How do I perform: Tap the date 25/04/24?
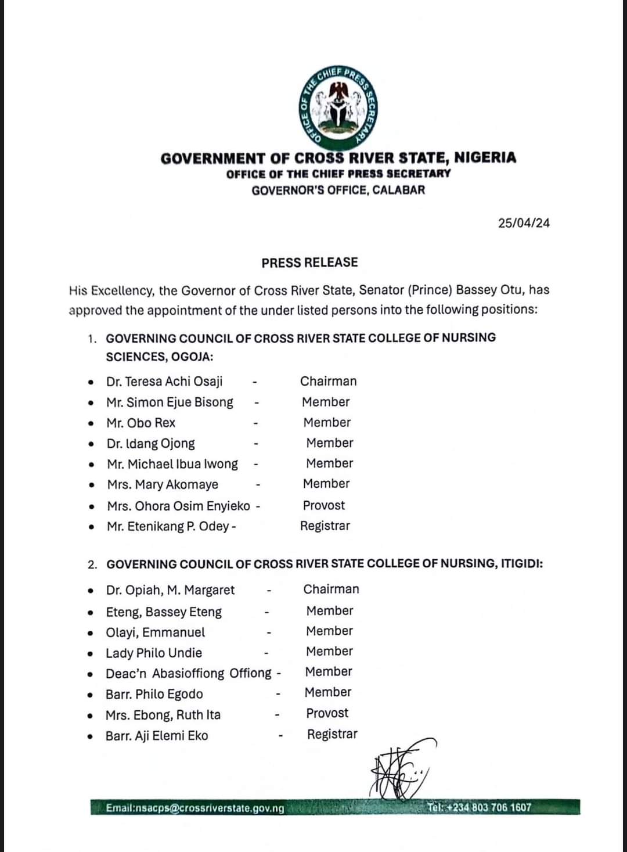(x=524, y=223)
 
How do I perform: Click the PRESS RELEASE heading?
(x=309, y=263)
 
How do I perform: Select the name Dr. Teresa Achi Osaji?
(x=164, y=382)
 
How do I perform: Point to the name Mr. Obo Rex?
(x=140, y=423)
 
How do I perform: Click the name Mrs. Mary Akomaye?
(x=163, y=484)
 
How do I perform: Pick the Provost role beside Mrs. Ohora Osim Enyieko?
(x=324, y=505)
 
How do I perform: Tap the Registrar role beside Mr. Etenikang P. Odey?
(x=325, y=526)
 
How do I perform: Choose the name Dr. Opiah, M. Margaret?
(x=170, y=590)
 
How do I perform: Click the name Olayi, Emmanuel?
(x=155, y=632)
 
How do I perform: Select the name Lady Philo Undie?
(x=154, y=653)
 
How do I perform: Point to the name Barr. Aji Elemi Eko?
(x=157, y=736)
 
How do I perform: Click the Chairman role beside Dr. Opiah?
(x=331, y=589)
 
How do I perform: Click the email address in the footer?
(x=195, y=808)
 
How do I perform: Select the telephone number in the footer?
(x=480, y=807)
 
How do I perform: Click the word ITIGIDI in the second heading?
(x=521, y=564)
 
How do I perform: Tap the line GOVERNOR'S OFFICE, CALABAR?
(x=338, y=190)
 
